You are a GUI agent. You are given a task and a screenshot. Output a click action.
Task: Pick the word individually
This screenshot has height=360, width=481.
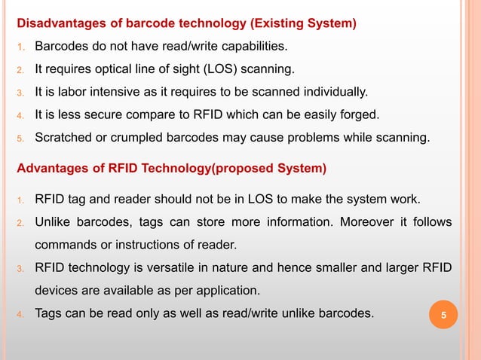[x=335, y=93]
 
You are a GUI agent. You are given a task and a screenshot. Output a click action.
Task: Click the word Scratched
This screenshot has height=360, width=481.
[x=66, y=137]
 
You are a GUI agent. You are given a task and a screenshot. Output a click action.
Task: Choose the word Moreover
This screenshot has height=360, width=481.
[x=372, y=222]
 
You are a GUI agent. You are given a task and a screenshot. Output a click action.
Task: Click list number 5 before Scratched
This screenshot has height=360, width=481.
[x=21, y=138]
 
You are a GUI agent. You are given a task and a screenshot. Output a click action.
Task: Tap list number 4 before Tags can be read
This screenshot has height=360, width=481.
[x=21, y=312]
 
